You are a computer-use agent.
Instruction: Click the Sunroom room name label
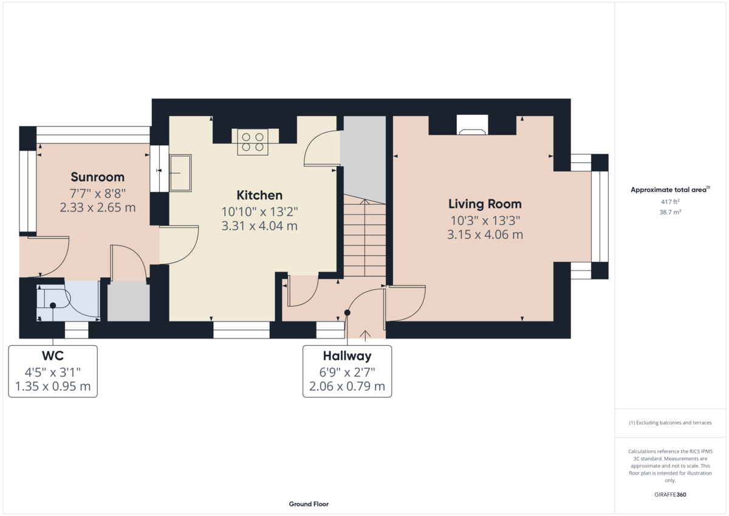(97, 177)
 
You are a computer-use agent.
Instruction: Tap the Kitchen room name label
(259, 195)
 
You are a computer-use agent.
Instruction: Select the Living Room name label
(485, 204)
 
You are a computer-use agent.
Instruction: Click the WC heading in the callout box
(53, 356)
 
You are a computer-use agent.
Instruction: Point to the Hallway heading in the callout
(347, 356)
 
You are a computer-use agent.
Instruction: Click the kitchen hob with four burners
(253, 142)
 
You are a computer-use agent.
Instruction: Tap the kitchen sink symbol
(180, 173)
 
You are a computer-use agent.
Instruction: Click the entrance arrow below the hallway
(366, 334)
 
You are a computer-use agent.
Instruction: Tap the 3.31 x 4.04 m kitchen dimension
(259, 226)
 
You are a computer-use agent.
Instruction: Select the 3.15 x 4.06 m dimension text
(485, 235)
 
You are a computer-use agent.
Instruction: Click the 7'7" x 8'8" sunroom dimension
(97, 193)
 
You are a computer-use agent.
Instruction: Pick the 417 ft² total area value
(670, 202)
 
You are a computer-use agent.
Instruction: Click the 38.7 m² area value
(670, 212)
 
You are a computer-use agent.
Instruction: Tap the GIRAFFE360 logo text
(670, 495)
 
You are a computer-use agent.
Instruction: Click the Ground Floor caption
(309, 504)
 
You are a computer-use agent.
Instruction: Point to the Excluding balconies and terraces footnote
(670, 422)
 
